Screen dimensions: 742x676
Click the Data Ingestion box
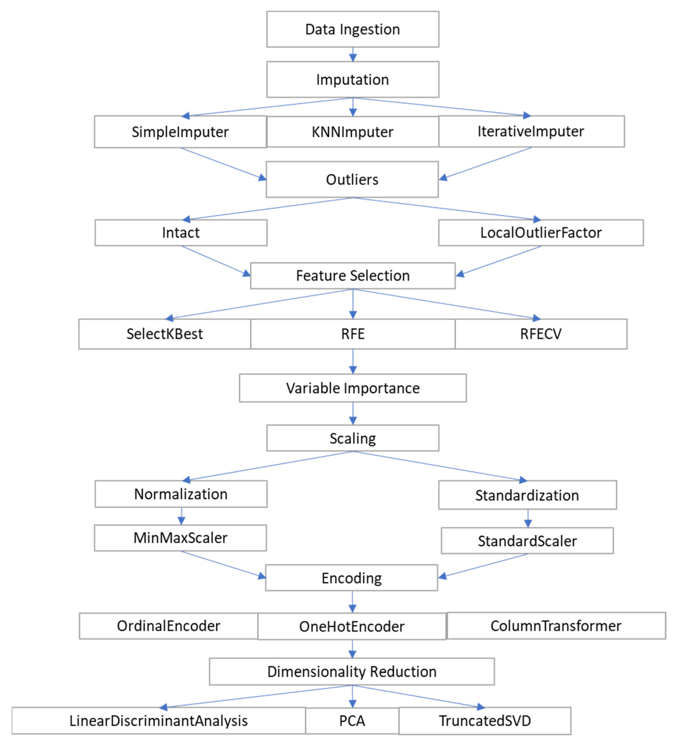coord(352,29)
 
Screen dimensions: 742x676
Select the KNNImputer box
coord(352,132)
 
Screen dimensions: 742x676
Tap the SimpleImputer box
coord(180,132)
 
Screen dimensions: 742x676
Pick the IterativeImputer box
coord(531,131)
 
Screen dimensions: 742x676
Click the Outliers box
coord(352,179)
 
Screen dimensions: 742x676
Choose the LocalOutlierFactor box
coord(541,233)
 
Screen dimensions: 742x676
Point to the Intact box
coord(181,233)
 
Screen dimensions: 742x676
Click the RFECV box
coord(541,334)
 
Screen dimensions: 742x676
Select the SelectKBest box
coord(165,334)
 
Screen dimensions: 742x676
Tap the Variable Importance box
coord(352,388)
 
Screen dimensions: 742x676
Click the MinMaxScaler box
coord(180,538)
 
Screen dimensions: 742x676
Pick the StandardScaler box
coord(527,541)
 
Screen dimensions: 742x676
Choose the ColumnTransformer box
coord(556,626)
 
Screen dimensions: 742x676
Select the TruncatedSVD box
coord(485,721)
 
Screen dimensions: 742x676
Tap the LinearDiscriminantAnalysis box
coord(158,721)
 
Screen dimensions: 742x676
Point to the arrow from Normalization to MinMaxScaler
coord(181,516)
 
